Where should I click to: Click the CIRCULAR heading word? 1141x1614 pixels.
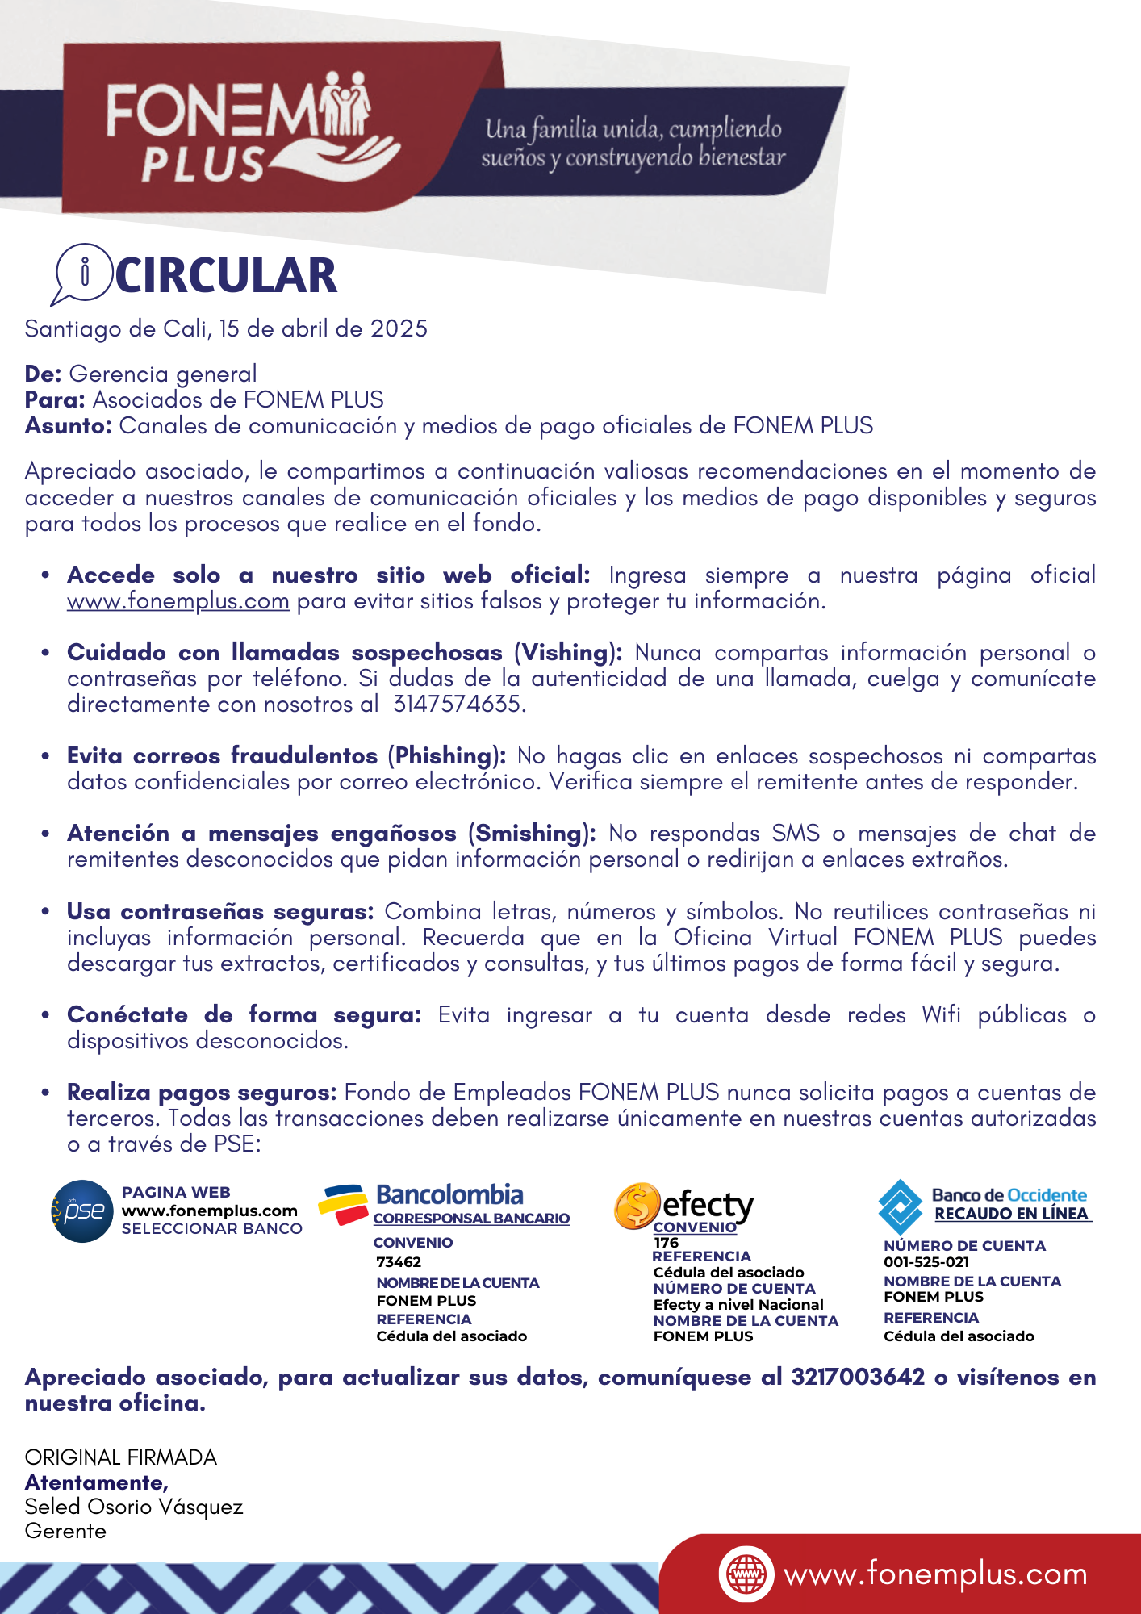[x=226, y=276]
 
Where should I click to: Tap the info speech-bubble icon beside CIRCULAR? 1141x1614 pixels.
[x=82, y=273]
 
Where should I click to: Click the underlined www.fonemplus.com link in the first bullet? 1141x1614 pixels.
[x=178, y=601]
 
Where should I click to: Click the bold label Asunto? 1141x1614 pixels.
[x=69, y=426]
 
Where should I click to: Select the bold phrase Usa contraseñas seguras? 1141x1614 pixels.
[x=220, y=912]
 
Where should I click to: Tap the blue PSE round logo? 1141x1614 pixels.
[x=82, y=1210]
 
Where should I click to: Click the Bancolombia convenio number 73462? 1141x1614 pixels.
[x=399, y=1262]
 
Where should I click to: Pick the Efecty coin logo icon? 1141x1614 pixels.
[x=637, y=1206]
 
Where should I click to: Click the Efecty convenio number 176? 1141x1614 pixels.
[x=666, y=1243]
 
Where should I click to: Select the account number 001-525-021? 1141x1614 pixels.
[x=926, y=1262]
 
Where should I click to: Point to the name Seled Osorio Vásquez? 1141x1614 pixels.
[x=134, y=1507]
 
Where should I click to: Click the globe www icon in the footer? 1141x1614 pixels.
[x=746, y=1574]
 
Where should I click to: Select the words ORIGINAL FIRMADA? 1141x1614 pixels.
[x=121, y=1457]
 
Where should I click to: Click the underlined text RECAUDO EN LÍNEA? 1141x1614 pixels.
[x=1011, y=1214]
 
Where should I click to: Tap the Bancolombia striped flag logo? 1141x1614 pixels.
[x=343, y=1203]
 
